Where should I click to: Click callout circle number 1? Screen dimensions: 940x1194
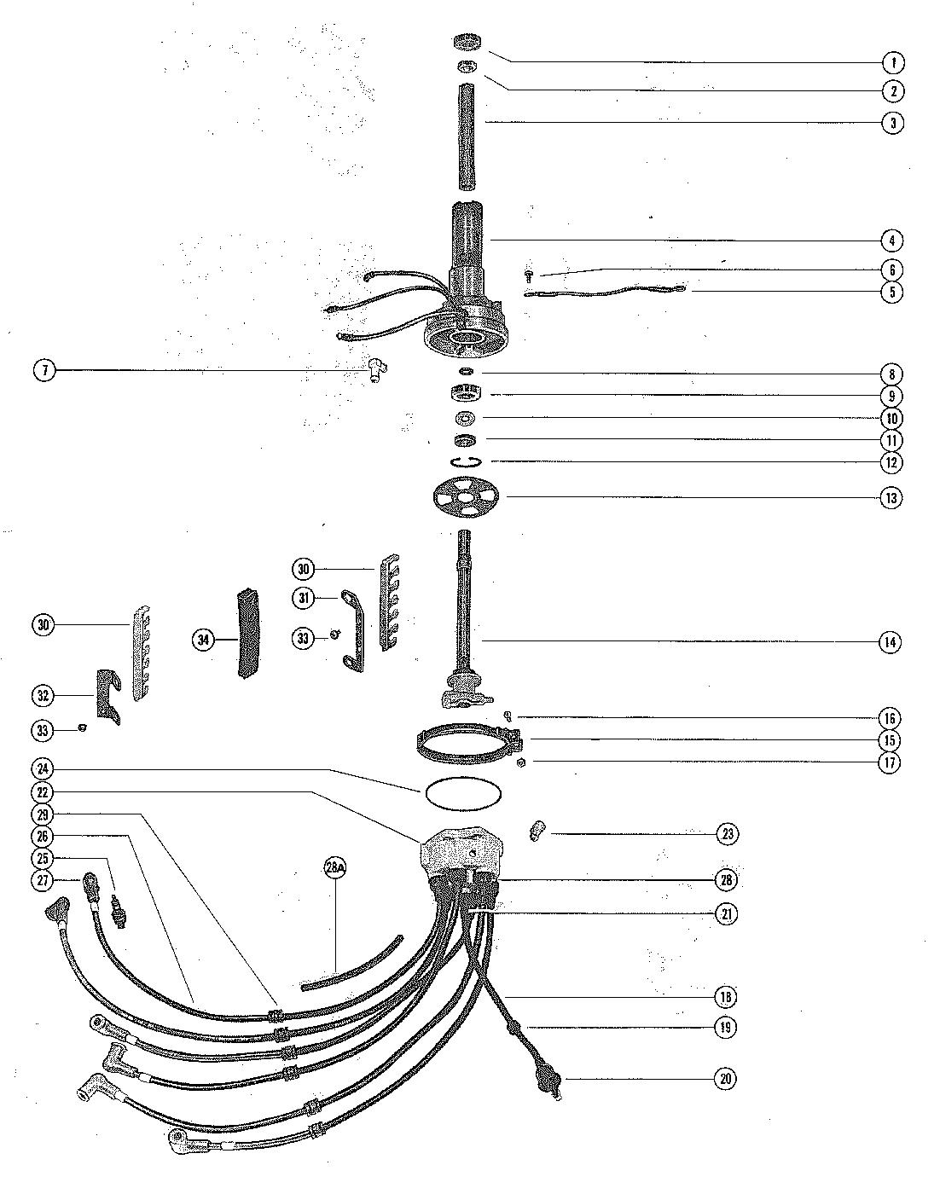892,62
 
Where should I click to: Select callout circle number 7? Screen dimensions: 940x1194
44,370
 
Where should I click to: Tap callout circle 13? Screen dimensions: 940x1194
891,498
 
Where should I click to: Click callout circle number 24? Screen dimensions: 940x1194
44,770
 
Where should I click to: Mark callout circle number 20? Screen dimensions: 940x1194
725,1079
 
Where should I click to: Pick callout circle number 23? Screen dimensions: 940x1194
726,833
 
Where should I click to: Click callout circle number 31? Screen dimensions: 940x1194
304,599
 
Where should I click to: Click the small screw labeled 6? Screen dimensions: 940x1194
529,275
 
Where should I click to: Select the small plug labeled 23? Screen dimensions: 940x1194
537,829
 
